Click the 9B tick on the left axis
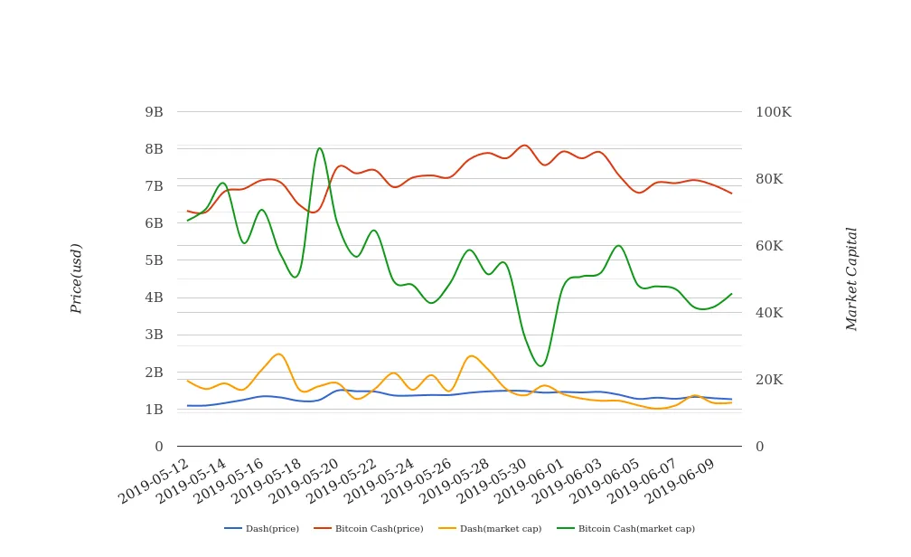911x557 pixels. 154,112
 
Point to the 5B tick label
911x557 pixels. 154,260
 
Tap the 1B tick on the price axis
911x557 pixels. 154,410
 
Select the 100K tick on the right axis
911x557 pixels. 773,112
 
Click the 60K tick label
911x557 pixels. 769,246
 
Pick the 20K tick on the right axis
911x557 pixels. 769,380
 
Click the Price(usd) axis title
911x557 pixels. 77,278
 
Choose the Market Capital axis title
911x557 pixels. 852,278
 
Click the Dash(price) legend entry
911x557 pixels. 262,529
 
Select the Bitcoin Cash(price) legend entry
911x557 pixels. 369,529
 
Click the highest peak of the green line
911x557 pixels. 320,148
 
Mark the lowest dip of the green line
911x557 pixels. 540,366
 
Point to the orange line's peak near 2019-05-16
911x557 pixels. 278,354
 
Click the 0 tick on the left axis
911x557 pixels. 159,447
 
